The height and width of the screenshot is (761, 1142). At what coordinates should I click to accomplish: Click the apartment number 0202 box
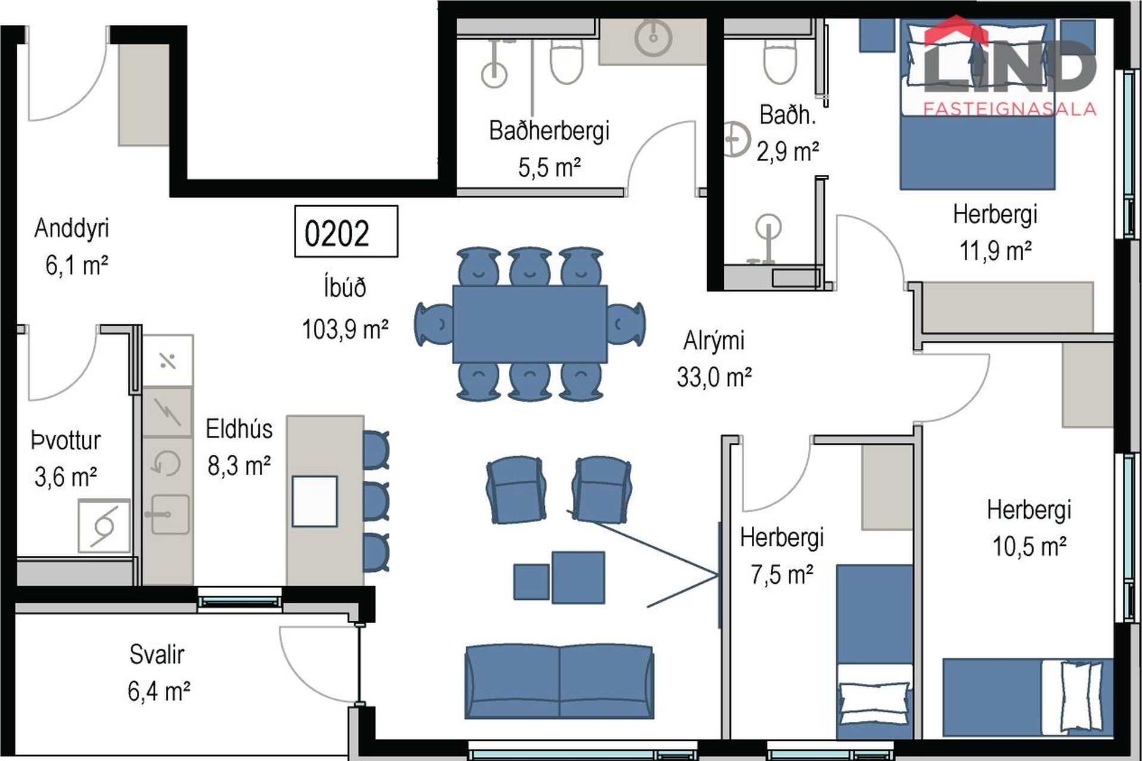click(x=346, y=231)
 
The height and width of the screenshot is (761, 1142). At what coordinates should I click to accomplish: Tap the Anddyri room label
click(x=71, y=228)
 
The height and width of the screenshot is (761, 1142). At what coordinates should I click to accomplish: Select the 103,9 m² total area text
click(x=345, y=329)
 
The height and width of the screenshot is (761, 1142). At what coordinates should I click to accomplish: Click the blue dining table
click(x=530, y=324)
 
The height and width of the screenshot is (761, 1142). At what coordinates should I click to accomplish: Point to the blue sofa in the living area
click(x=559, y=681)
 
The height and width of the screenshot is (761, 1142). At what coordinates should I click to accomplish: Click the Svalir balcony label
click(x=157, y=655)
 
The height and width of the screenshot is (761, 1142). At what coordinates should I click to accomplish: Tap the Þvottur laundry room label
click(x=66, y=441)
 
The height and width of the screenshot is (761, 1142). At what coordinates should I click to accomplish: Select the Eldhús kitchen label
click(x=239, y=429)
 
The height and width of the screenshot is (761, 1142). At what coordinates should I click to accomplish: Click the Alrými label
click(x=714, y=341)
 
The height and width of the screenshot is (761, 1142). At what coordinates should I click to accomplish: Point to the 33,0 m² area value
click(x=714, y=377)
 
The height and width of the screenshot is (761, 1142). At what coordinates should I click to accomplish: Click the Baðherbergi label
click(x=549, y=131)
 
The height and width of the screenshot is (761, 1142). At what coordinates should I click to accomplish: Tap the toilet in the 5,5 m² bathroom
click(x=566, y=61)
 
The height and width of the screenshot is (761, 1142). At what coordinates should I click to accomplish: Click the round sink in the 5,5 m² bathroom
click(x=653, y=37)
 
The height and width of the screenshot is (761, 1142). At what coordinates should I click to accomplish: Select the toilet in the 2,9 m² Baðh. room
click(x=780, y=61)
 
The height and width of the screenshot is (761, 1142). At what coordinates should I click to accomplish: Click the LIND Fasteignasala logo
click(x=1010, y=65)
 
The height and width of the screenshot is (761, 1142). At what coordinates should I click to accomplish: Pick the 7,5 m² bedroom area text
click(x=782, y=575)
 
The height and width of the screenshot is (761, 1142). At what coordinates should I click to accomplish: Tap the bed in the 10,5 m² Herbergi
click(x=1027, y=697)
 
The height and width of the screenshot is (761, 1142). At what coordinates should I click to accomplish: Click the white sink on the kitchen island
click(x=315, y=501)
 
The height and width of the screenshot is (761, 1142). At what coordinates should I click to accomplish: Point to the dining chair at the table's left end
click(x=435, y=324)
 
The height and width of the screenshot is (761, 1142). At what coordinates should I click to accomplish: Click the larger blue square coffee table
click(x=578, y=577)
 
